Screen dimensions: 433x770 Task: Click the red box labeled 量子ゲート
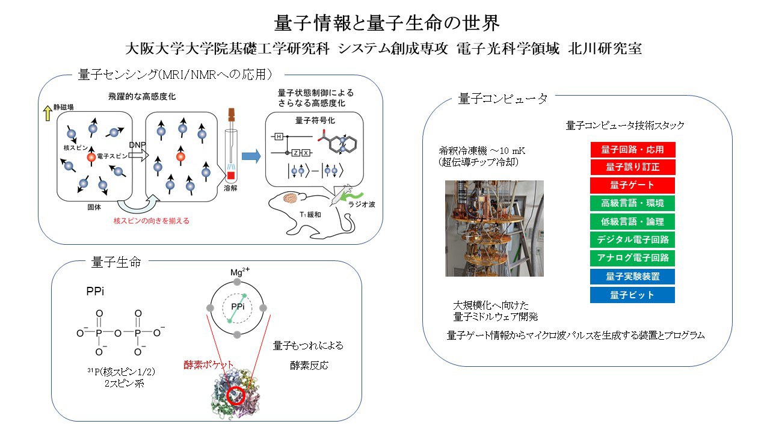(632, 185)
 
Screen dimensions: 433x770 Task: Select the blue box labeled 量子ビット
(632, 295)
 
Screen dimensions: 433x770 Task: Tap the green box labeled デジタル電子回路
(632, 240)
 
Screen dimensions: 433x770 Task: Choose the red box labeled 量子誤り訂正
(632, 167)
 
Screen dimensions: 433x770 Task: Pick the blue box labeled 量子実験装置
(632, 277)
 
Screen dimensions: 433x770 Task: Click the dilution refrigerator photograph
(494, 229)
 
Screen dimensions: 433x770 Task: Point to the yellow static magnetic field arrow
(46, 111)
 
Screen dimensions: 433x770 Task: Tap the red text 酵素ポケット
(208, 364)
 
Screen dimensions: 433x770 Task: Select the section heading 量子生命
(116, 262)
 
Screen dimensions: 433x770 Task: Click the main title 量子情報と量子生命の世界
(387, 23)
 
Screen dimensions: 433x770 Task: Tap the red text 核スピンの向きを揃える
(152, 221)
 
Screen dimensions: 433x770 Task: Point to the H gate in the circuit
(279, 137)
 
